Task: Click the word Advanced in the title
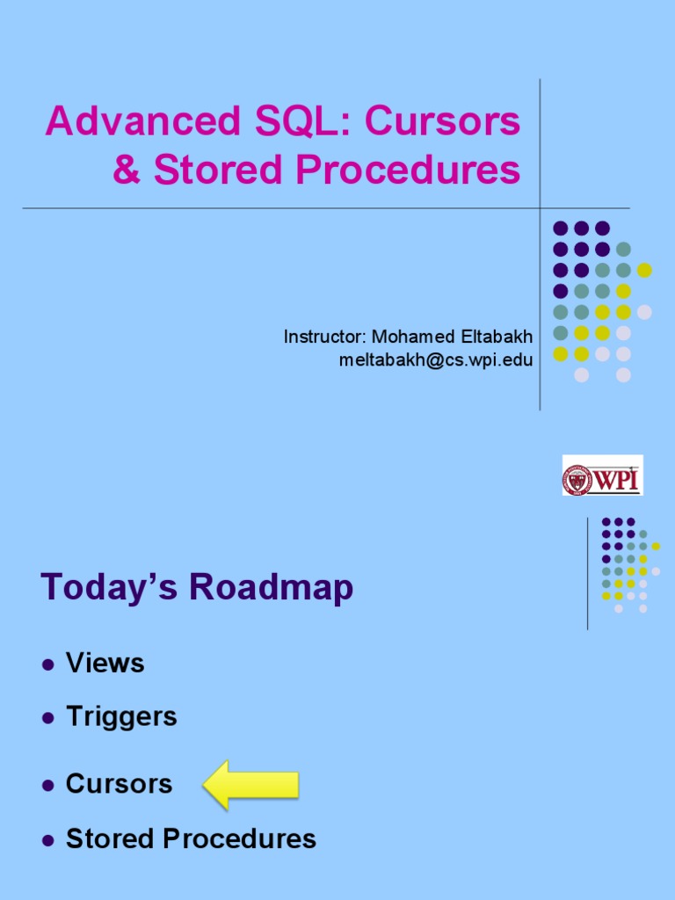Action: pos(143,120)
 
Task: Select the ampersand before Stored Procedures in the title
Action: pos(127,170)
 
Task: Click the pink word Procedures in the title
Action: pos(408,170)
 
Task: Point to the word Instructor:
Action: pos(325,337)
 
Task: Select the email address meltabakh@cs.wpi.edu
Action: pos(436,359)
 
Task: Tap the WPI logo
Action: pos(602,475)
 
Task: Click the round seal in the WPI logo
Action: pos(577,480)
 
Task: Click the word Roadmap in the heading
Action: pos(271,586)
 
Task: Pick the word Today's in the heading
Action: pos(109,586)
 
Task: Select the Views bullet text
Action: pos(105,663)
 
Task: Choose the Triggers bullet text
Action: pos(121,717)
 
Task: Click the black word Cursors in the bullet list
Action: pos(119,783)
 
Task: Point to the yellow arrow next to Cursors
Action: pos(250,785)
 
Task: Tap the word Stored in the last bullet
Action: pos(111,838)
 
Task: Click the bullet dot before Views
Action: pos(48,664)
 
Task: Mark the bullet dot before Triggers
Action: pos(48,718)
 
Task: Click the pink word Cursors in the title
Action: pos(443,120)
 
